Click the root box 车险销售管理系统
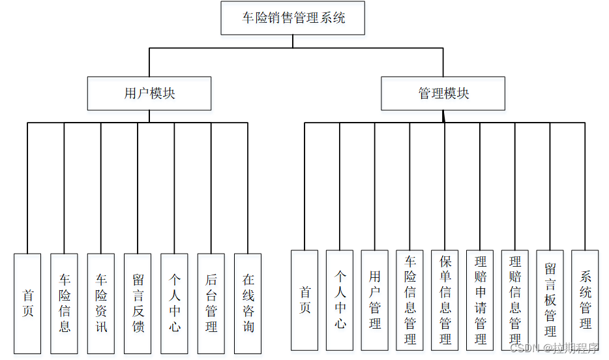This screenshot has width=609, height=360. (x=293, y=18)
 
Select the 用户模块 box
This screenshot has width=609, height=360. (x=149, y=93)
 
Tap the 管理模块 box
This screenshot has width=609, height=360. (x=443, y=93)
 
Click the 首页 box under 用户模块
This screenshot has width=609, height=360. (x=27, y=303)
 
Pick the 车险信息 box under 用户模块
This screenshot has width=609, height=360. (x=64, y=303)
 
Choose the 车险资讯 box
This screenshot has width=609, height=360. (x=101, y=303)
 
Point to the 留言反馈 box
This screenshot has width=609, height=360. (x=138, y=303)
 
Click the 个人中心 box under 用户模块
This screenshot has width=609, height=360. (x=175, y=303)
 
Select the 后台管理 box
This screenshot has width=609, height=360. (x=211, y=303)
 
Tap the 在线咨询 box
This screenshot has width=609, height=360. (x=248, y=303)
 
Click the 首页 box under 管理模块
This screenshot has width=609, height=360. (x=304, y=300)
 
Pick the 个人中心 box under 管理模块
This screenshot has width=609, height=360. (x=340, y=300)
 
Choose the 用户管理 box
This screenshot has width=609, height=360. (x=375, y=300)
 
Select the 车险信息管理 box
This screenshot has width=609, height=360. (x=410, y=300)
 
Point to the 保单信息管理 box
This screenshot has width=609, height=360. (x=445, y=300)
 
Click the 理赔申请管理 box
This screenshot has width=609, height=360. (x=481, y=300)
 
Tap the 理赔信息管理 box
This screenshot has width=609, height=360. (x=515, y=300)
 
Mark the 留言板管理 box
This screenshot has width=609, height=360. (x=550, y=300)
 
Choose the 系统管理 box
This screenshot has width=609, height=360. (x=586, y=300)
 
